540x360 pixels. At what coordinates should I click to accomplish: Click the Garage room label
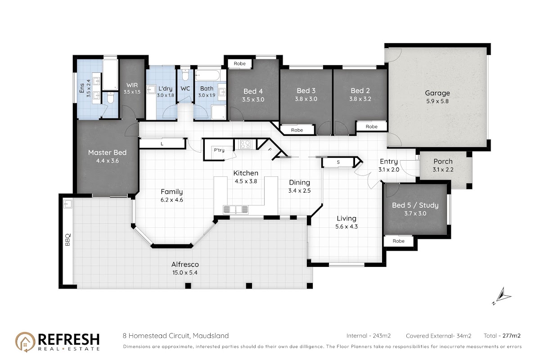tap(437, 93)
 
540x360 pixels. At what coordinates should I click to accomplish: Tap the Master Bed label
tap(107, 153)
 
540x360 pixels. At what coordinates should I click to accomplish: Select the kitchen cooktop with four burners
tap(245, 144)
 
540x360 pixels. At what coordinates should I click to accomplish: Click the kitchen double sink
tap(235, 209)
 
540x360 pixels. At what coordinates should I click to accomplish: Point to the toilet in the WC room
tap(185, 75)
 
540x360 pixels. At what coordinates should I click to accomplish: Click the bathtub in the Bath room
tap(207, 75)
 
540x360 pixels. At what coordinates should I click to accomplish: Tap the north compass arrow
tap(504, 294)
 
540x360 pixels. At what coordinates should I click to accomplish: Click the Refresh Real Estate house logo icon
tap(25, 342)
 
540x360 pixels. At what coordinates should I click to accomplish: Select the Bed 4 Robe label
tap(239, 63)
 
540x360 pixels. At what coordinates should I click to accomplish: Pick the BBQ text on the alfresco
tap(68, 239)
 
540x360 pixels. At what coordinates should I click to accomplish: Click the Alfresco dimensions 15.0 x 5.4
tap(185, 273)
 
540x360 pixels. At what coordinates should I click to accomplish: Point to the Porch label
tap(443, 161)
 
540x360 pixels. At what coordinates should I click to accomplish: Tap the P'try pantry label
tap(219, 150)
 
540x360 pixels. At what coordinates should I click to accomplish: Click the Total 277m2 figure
tap(502, 336)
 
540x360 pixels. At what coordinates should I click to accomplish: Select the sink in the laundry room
tap(152, 90)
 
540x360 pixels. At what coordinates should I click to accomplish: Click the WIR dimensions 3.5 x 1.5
tap(132, 92)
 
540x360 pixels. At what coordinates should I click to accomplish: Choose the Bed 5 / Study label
tap(415, 205)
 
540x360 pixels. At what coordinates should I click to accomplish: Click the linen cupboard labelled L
tap(162, 144)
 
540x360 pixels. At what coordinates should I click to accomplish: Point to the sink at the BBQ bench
tap(68, 204)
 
